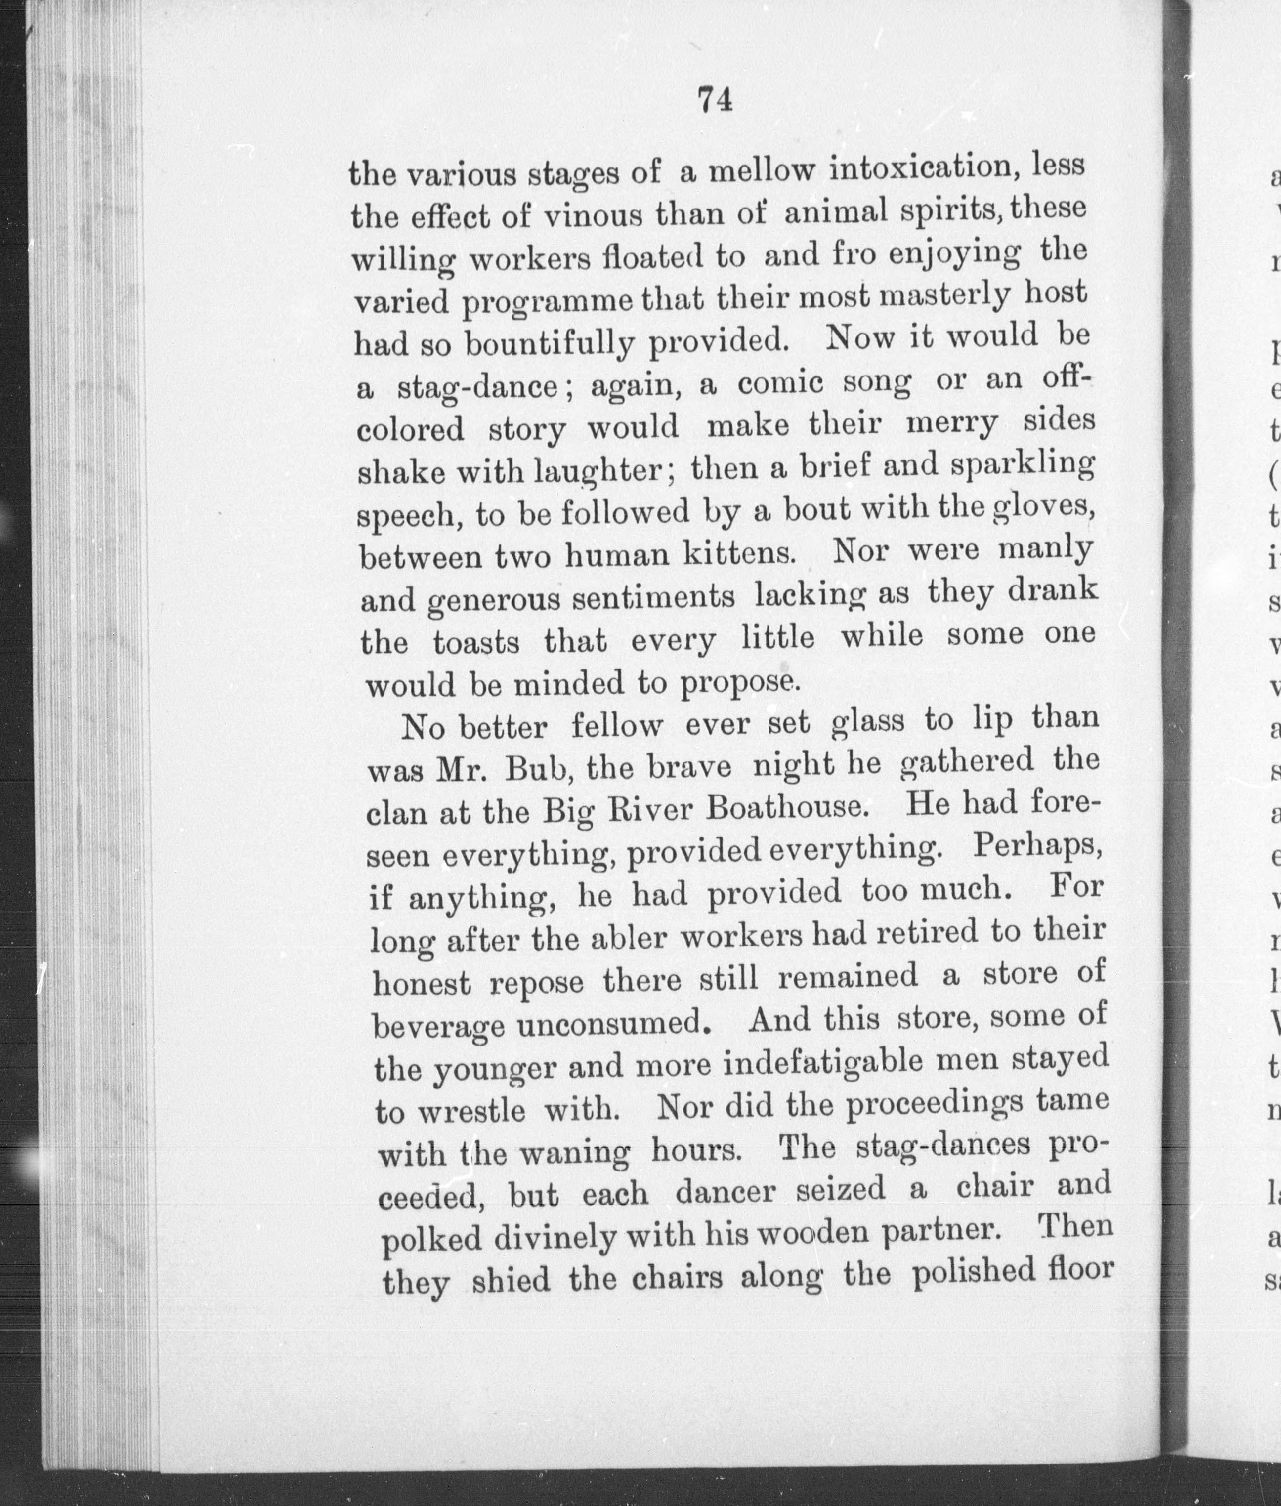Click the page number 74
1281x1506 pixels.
click(715, 99)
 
